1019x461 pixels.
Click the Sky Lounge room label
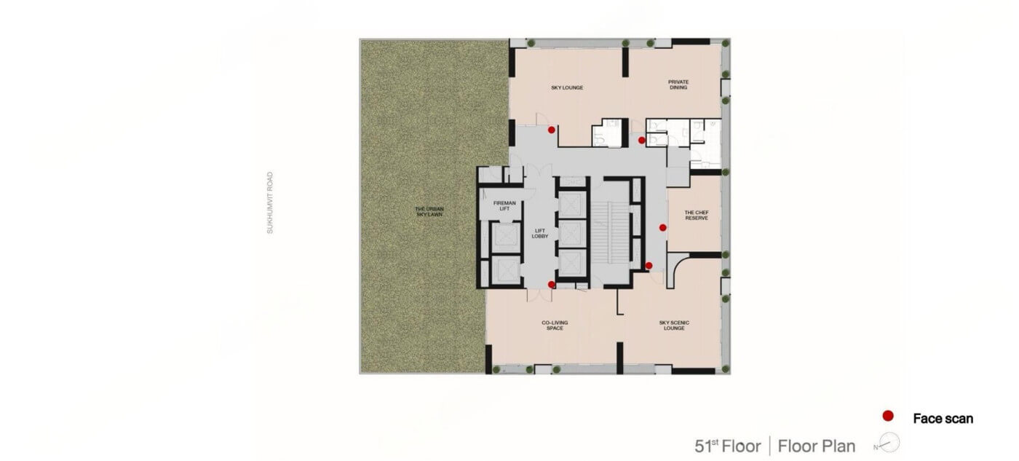coord(567,88)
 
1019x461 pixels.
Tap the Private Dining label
coord(678,84)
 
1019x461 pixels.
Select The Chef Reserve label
coord(697,216)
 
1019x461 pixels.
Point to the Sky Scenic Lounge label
coord(674,326)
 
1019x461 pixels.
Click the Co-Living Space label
coord(555,326)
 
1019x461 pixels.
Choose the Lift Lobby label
coord(540,234)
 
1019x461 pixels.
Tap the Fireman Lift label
coord(504,205)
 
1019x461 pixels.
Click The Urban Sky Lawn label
coord(429,212)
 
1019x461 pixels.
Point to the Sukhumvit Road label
coord(270,202)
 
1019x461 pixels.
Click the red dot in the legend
coord(887,416)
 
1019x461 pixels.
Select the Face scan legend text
coord(943,419)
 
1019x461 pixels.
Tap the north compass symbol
coord(889,444)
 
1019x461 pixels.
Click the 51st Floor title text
coord(727,446)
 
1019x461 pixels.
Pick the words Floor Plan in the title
coord(817,446)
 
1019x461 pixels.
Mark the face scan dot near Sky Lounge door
coord(552,130)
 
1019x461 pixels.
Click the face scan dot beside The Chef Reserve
coord(663,227)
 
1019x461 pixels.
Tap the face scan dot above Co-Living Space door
coord(552,285)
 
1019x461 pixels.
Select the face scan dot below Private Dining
coord(641,140)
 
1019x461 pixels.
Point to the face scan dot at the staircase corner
coord(649,265)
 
